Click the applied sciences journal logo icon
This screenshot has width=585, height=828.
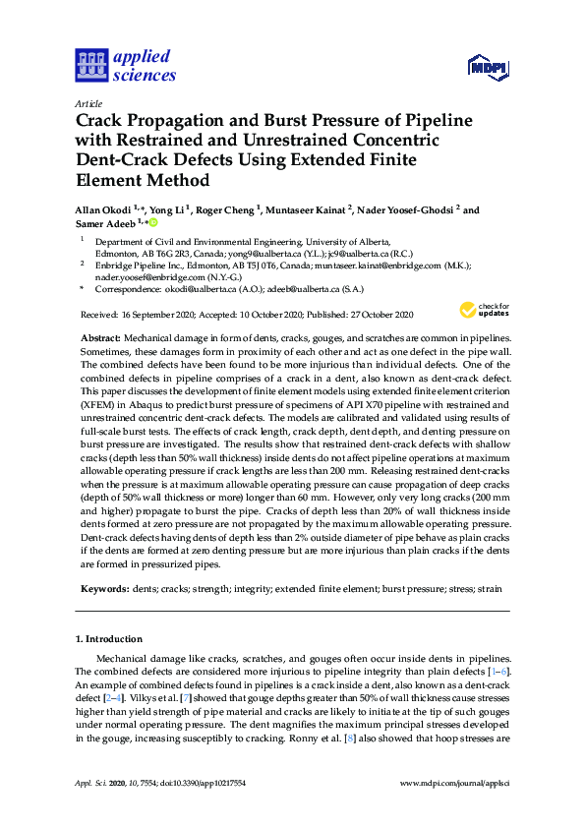click(92, 66)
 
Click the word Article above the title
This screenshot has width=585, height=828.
click(88, 102)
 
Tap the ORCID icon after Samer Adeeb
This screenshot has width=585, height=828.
click(153, 223)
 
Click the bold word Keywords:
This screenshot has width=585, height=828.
click(103, 588)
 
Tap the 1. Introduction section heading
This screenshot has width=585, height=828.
click(108, 640)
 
